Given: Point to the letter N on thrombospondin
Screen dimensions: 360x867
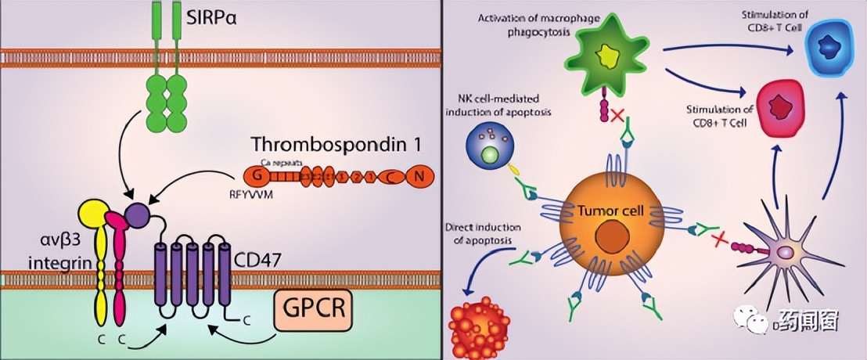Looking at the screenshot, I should [x=419, y=177].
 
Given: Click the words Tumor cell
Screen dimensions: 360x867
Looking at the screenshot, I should [x=600, y=211].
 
